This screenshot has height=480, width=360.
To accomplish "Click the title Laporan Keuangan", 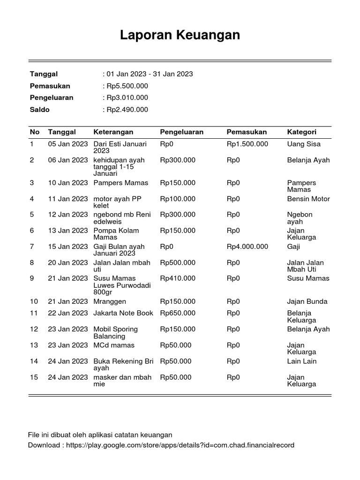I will pos(180,35).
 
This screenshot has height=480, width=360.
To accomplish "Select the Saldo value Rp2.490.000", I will pos(127,110).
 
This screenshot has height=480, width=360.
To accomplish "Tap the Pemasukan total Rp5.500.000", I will pos(127,86).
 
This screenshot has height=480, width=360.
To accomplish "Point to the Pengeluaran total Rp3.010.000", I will pos(127,97).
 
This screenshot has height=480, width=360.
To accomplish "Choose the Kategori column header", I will pos(301,132).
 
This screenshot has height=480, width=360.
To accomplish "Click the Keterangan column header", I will pos(113,132).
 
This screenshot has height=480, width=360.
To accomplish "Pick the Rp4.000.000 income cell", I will pos(247,247).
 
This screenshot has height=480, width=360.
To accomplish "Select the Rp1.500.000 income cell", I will pos(247,144).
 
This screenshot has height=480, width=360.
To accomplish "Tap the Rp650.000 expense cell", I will pos(178,313).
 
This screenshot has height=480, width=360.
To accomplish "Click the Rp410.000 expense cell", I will pos(178,278).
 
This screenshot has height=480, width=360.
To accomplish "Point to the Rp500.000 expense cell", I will pos(178,262).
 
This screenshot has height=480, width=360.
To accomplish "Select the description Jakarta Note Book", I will pos(123,313).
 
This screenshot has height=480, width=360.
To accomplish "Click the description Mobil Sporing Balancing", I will pos(116,332).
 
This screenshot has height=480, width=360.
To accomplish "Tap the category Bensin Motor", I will pos(308,199).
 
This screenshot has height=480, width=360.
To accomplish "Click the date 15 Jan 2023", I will pos(68,247).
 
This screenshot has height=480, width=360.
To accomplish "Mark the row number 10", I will pos(34,301).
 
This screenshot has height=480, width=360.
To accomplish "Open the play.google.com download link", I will pos(180,445).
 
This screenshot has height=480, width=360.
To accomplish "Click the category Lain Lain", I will pos(302,361).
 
